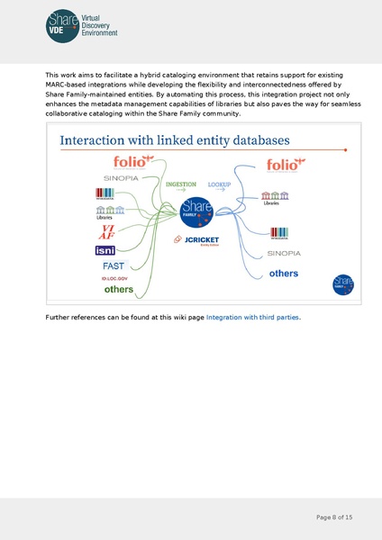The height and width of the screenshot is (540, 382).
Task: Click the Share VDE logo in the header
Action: (82, 24)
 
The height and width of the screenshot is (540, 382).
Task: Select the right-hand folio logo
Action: (287, 165)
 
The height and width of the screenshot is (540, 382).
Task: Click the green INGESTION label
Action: (181, 184)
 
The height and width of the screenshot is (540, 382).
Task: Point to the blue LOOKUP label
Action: (219, 184)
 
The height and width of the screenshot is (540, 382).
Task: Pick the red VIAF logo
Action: (106, 231)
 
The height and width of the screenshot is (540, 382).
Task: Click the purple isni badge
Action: (105, 250)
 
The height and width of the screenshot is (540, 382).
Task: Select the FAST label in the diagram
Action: (114, 266)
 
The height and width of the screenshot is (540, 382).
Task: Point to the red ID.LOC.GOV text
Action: (115, 279)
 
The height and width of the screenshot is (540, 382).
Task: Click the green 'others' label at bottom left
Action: (118, 290)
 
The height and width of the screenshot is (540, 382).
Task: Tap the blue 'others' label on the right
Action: (284, 273)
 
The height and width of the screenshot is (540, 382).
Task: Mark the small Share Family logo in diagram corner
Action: (342, 284)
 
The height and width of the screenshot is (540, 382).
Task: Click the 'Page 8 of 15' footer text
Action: (334, 517)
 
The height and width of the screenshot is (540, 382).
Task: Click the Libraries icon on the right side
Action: (271, 198)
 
